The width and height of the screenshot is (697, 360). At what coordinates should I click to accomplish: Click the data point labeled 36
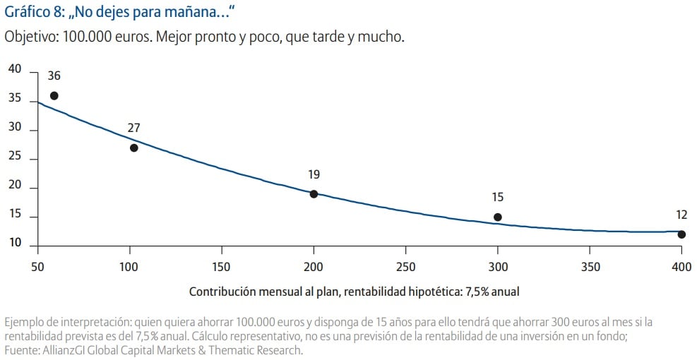[54, 95]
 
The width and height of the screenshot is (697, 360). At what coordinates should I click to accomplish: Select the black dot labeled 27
[133, 148]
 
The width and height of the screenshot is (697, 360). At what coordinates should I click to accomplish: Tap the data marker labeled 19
[314, 194]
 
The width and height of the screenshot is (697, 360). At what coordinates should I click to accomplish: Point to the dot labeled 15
[498, 217]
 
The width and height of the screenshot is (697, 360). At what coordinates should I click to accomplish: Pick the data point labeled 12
[681, 234]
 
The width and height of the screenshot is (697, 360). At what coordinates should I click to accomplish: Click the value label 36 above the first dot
[54, 76]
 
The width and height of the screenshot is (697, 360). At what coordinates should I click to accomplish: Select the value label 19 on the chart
[314, 174]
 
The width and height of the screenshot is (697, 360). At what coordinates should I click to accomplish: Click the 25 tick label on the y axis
[15, 158]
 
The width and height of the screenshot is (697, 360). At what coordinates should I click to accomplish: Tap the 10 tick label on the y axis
[15, 244]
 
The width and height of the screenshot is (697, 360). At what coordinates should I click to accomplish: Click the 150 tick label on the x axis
[222, 268]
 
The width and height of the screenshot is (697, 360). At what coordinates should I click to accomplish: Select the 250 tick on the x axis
[405, 268]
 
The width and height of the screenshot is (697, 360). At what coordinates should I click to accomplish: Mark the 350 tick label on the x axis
[590, 268]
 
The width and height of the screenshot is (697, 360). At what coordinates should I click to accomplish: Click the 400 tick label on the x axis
[681, 268]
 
